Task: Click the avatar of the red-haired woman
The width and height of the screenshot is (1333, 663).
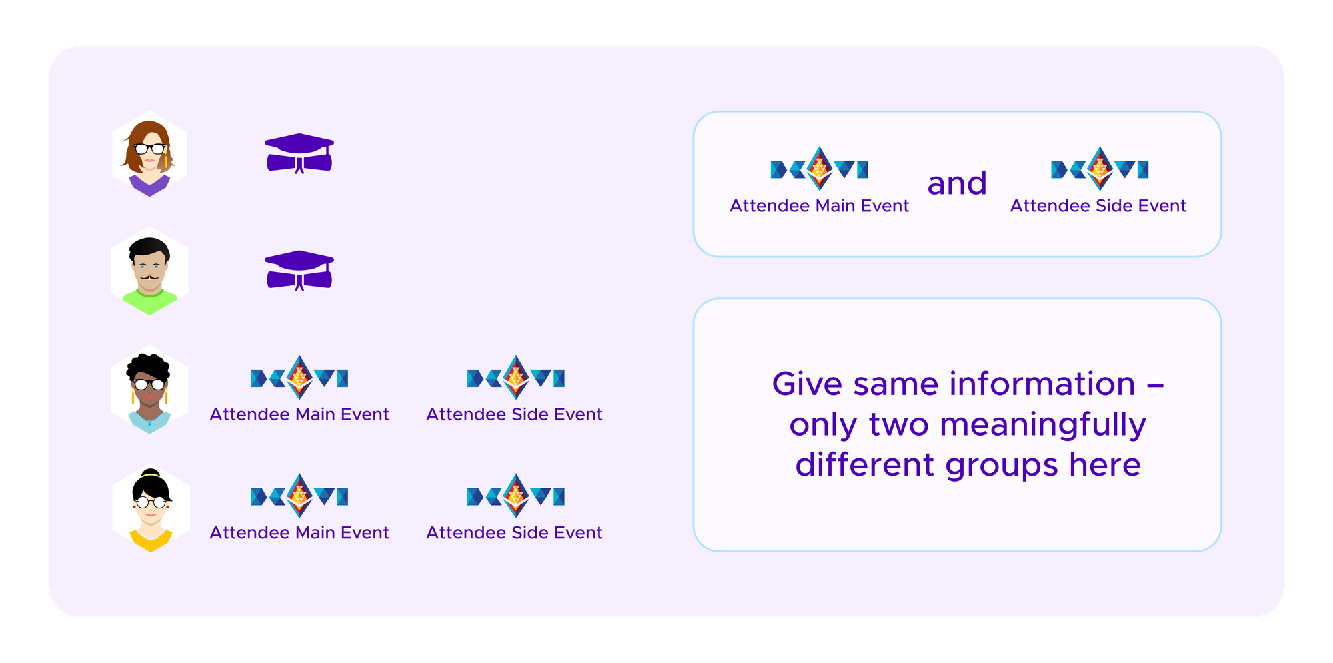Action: click(149, 154)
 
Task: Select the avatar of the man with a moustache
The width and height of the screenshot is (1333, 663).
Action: click(149, 271)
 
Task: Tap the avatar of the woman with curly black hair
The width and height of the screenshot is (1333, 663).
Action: click(149, 390)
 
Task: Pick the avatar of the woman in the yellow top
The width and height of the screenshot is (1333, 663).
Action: click(151, 508)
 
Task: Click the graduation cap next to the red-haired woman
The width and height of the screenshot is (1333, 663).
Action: click(299, 153)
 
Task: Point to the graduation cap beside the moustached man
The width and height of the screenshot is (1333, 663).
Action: click(299, 271)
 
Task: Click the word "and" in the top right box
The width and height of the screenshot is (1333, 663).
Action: click(957, 183)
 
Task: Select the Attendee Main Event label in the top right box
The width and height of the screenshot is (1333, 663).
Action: click(819, 205)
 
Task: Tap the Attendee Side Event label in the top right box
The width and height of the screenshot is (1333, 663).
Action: click(1098, 205)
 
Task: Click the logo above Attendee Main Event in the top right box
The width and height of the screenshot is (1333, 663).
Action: click(819, 169)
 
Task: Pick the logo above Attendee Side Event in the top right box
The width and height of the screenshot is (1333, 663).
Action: click(1100, 169)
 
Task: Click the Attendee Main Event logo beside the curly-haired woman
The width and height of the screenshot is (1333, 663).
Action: click(299, 378)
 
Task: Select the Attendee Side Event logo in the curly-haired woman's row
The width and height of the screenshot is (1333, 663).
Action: click(515, 378)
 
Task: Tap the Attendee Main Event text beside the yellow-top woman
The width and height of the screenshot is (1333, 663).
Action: click(299, 532)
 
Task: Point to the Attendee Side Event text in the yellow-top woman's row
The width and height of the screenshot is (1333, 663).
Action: click(514, 532)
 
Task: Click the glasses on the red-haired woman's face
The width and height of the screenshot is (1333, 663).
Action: click(150, 149)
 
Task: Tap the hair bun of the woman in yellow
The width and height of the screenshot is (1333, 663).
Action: click(151, 473)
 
